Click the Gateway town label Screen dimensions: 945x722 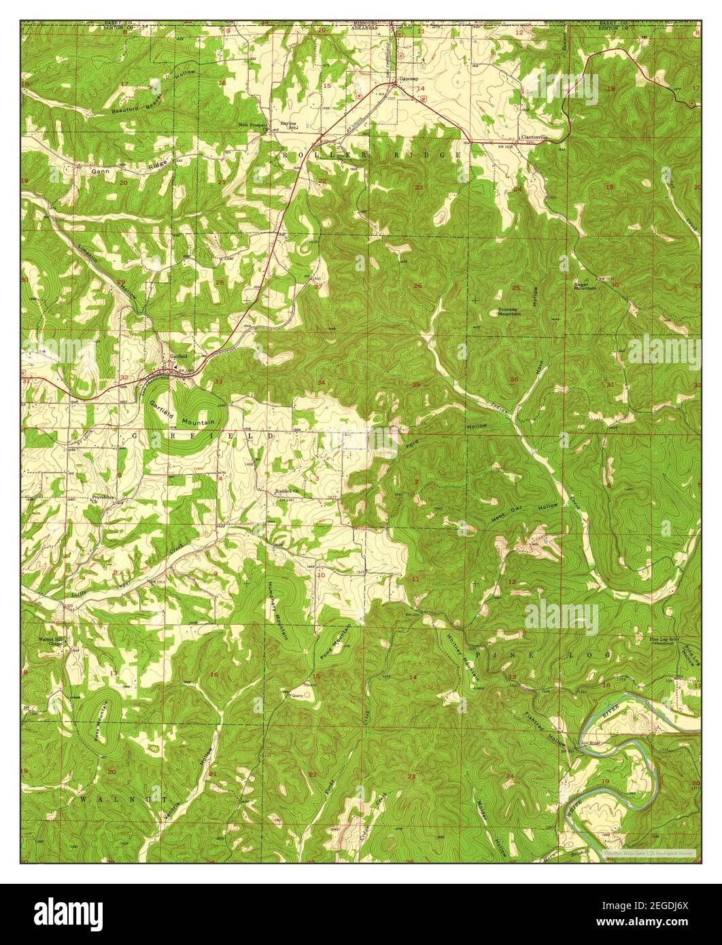[409, 79]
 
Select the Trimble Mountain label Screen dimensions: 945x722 [509, 311]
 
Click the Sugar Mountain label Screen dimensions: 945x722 [585, 286]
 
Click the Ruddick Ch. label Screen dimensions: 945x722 [286, 490]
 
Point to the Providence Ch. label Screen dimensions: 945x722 [103, 499]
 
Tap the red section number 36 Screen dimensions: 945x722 [514, 379]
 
